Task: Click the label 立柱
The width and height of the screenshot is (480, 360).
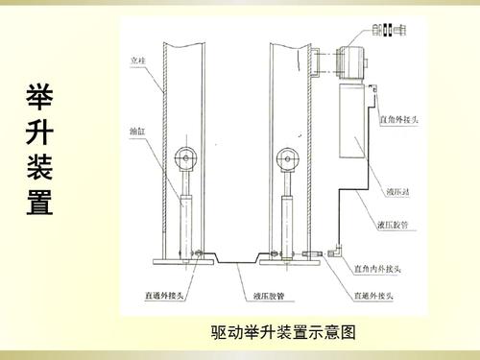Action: (138, 61)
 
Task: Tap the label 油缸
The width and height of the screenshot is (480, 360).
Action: (137, 128)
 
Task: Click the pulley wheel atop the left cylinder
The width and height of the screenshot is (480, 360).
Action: (185, 156)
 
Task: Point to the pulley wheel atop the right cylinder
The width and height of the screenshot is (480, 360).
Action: (285, 156)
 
